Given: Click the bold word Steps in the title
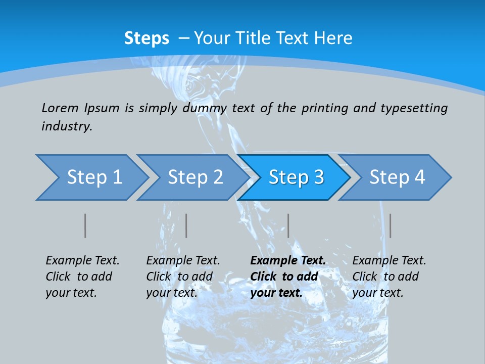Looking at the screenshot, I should (x=147, y=38).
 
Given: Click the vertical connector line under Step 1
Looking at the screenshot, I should (x=85, y=225).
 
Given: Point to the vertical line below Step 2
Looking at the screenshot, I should (x=186, y=225).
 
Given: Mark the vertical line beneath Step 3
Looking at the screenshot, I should (x=288, y=225).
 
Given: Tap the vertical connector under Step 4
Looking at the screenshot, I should (x=391, y=225).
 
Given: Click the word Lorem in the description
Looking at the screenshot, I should (x=60, y=108).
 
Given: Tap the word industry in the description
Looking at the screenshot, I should (x=66, y=126).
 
